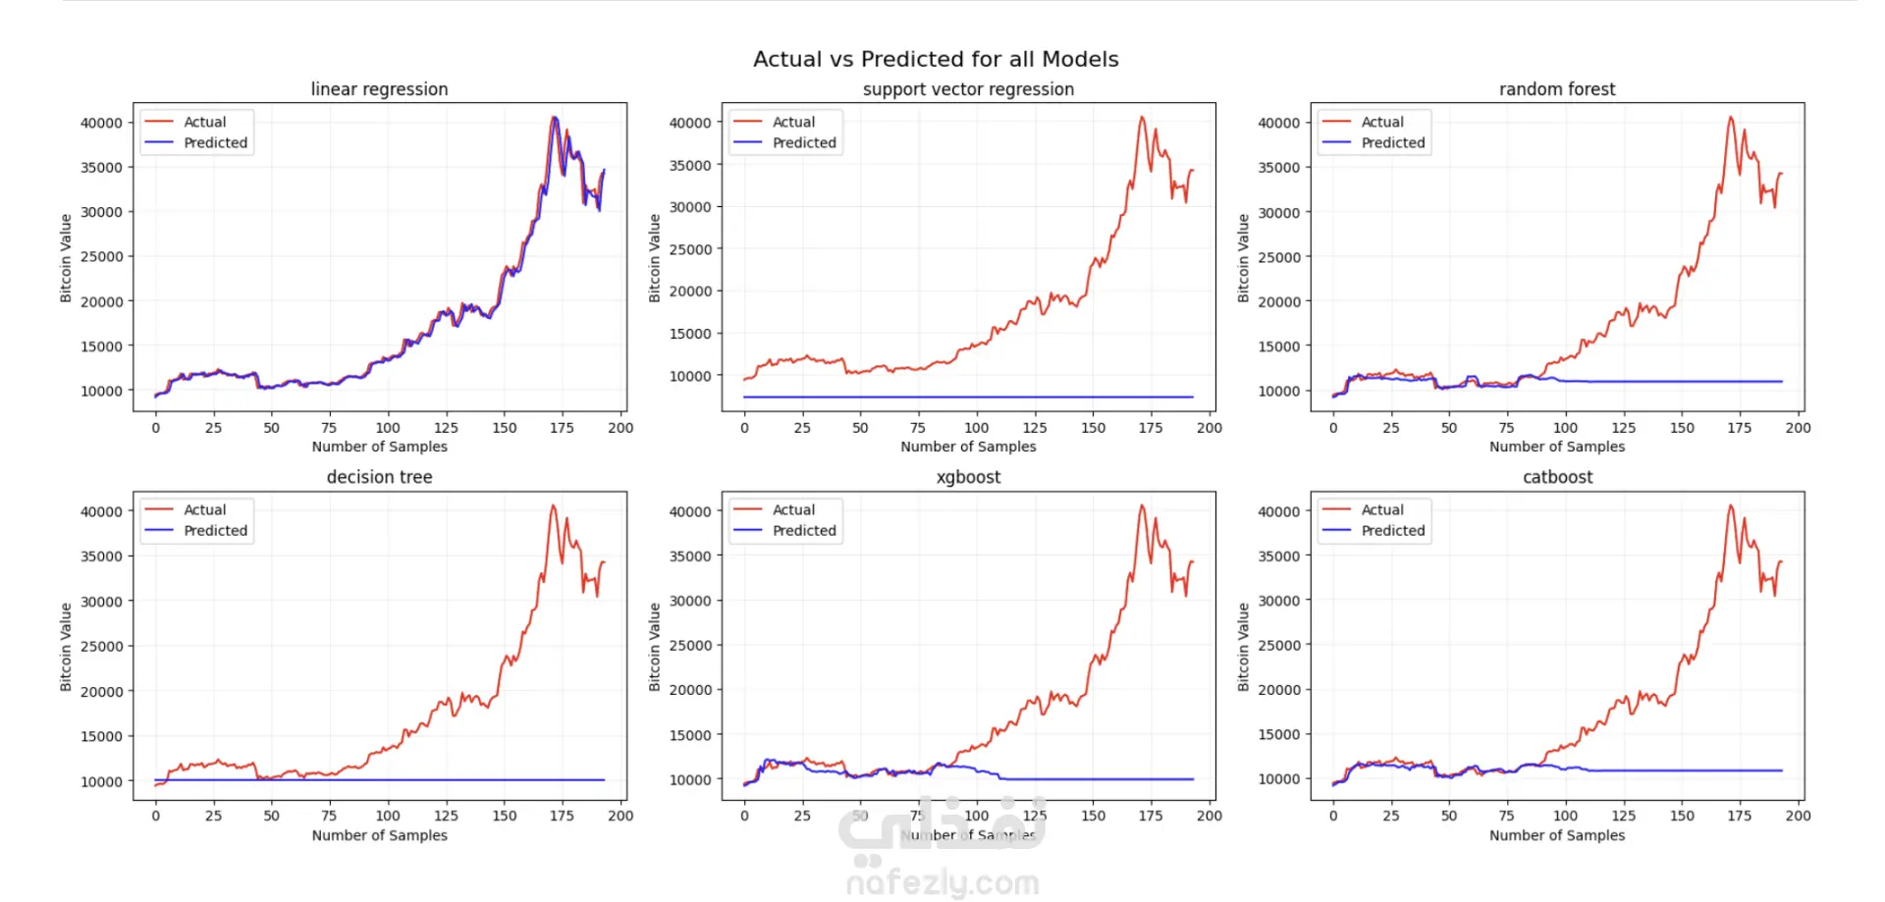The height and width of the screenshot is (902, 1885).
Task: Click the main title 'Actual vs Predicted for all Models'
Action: click(x=936, y=59)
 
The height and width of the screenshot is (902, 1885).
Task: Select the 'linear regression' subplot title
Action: click(x=379, y=89)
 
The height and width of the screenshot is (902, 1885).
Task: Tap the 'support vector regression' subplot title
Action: click(x=968, y=89)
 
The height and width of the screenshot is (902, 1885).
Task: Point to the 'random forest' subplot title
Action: click(x=1556, y=89)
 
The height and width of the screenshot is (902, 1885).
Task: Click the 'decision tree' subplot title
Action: click(x=379, y=477)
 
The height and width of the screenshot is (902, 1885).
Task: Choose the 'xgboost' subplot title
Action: click(x=968, y=477)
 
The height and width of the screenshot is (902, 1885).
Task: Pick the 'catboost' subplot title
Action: click(x=1557, y=477)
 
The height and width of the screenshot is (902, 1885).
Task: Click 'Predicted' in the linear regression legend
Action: click(x=215, y=142)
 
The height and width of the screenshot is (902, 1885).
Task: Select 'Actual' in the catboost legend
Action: click(x=1381, y=509)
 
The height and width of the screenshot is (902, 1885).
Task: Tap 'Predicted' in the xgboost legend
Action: click(x=804, y=530)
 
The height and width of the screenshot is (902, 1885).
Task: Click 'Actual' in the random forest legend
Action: click(x=1381, y=122)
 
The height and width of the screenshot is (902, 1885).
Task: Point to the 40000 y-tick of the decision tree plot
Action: click(x=101, y=511)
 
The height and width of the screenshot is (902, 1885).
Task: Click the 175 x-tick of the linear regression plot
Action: click(x=562, y=428)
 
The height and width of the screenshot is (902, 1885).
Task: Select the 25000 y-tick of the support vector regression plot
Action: click(x=690, y=249)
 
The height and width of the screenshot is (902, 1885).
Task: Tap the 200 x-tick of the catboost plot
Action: click(x=1798, y=816)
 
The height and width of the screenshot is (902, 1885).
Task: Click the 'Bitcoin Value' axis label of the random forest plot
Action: click(x=1243, y=257)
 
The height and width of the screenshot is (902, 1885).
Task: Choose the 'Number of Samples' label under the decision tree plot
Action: click(x=379, y=835)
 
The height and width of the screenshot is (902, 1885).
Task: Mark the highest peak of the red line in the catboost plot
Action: click(x=1731, y=505)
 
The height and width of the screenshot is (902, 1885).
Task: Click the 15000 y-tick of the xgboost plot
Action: click(x=690, y=735)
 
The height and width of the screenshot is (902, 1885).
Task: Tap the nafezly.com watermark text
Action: click(x=942, y=882)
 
